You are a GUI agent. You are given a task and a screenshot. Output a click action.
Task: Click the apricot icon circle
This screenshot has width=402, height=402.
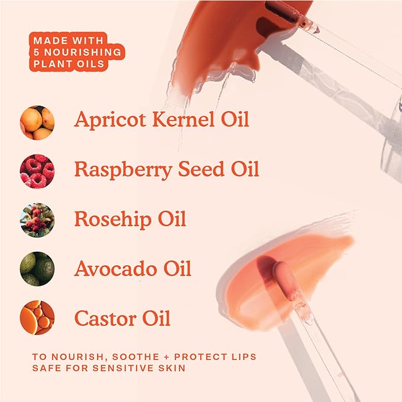click(37, 122)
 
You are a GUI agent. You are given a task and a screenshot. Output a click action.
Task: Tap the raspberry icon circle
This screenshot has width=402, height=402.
click(37, 171)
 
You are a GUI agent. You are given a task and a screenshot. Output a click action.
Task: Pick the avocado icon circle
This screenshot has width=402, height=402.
click(37, 269)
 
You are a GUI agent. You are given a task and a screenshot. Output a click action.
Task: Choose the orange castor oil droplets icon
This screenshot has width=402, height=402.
click(37, 318)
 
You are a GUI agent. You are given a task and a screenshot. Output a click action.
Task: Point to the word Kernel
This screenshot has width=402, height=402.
click(182, 119)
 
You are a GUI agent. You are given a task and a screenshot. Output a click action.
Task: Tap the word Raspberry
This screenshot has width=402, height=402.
click(121, 170)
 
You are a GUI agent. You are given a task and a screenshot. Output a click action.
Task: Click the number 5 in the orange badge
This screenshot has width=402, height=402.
click(37, 52)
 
